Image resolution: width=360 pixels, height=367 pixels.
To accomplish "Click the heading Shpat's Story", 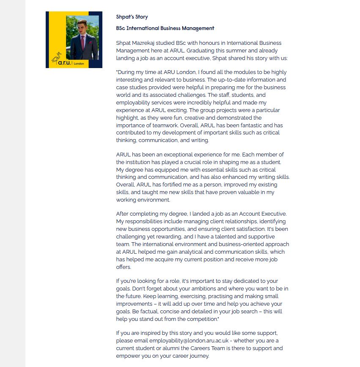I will [x=132, y=17].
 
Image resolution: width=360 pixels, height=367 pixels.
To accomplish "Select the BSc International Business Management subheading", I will [x=165, y=28].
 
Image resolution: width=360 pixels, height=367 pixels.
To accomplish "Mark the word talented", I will [x=237, y=236].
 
